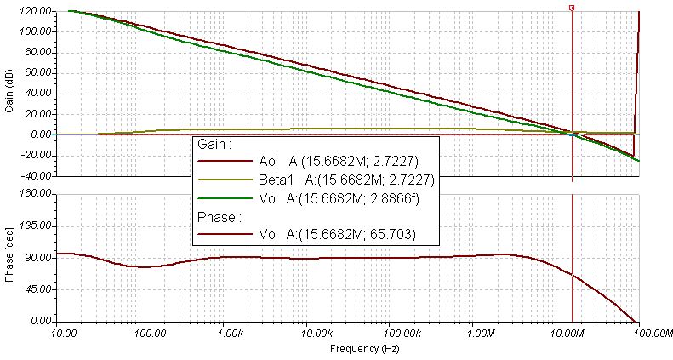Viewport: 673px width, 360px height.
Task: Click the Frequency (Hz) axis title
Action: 355,349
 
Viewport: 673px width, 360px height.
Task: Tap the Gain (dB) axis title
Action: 9,94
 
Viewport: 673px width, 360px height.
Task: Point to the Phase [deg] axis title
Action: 9,258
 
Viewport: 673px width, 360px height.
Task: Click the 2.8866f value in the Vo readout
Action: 396,198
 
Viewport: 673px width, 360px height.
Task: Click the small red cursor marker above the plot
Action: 572,7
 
